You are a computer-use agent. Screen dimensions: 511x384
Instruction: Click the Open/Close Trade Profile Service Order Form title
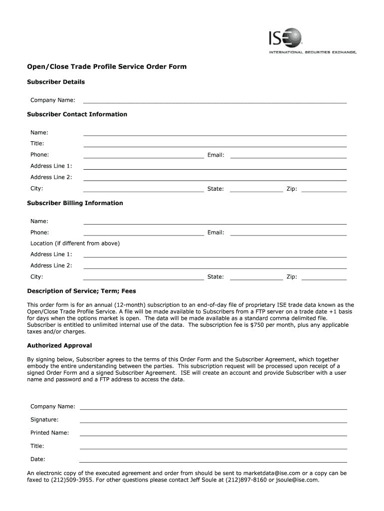[106, 66]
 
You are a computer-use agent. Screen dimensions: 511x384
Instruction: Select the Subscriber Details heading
[55, 82]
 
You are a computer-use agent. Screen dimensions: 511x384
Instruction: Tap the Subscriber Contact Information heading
[77, 114]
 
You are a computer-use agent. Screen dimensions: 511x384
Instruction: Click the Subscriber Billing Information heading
[75, 203]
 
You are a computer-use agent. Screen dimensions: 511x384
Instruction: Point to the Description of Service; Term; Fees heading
[81, 291]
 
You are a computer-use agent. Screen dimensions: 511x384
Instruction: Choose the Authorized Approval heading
[59, 345]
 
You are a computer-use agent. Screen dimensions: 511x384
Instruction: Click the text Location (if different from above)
[75, 244]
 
